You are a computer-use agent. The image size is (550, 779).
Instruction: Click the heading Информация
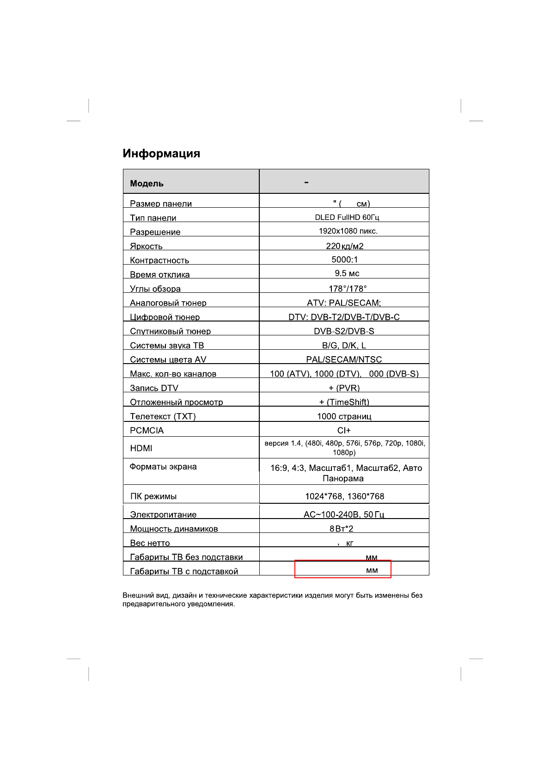[161, 154]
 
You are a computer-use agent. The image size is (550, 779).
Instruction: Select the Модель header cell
[147, 183]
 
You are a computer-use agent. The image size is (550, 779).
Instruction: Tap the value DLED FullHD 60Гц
[347, 217]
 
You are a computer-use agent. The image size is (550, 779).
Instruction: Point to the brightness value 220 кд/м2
[344, 246]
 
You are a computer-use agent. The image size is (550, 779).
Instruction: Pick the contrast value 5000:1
[344, 260]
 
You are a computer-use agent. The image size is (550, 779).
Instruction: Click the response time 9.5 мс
[347, 273]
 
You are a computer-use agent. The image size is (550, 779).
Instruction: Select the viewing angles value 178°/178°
[348, 289]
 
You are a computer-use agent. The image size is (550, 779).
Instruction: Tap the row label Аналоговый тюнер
[168, 303]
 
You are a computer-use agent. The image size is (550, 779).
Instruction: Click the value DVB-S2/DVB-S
[344, 331]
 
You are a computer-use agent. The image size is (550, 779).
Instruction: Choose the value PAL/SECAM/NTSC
[344, 359]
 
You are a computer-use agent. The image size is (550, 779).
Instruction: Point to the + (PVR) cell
[344, 388]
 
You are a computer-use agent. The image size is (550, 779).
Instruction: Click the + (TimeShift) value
[344, 402]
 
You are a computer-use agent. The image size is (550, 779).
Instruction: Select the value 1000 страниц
[344, 416]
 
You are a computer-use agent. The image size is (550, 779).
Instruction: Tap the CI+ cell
[344, 431]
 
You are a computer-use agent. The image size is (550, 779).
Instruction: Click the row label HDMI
[141, 448]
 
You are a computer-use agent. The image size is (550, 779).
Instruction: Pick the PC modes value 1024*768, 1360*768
[344, 496]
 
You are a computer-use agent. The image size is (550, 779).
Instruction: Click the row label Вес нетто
[150, 543]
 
